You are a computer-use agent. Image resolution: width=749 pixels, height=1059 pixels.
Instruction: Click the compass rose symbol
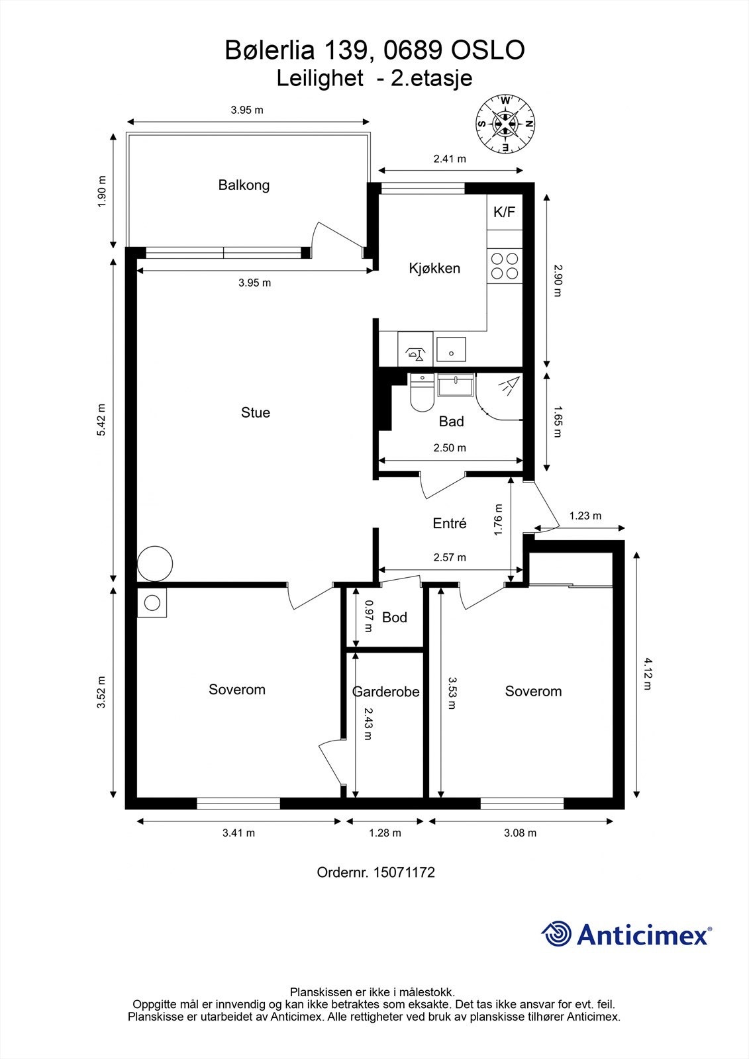pyautogui.click(x=505, y=125)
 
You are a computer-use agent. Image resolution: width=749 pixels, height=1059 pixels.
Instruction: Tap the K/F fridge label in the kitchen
pyautogui.click(x=504, y=212)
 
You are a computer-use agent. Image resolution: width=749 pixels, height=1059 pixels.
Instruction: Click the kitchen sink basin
pyautogui.click(x=451, y=349)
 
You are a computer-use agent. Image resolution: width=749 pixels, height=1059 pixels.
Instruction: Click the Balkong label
pyautogui.click(x=244, y=185)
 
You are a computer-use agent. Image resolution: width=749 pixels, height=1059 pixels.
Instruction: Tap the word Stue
pyautogui.click(x=256, y=412)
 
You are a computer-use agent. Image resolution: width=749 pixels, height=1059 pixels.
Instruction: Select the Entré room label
pyautogui.click(x=450, y=523)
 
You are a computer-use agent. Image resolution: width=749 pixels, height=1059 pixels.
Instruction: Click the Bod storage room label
pyautogui.click(x=395, y=617)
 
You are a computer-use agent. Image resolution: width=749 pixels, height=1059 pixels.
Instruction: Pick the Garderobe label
pyautogui.click(x=385, y=692)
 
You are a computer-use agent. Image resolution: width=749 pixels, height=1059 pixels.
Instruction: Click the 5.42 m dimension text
pyautogui.click(x=101, y=420)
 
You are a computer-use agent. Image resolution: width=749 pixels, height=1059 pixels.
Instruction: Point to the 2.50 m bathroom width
pyautogui.click(x=450, y=447)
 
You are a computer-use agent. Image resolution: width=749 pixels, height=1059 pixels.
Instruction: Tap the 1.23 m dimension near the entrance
pyautogui.click(x=585, y=516)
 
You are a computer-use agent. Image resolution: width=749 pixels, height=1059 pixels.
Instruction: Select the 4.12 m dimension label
pyautogui.click(x=647, y=674)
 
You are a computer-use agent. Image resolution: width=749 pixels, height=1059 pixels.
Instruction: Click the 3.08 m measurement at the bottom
pyautogui.click(x=520, y=833)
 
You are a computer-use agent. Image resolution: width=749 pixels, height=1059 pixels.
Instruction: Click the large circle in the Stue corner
pyautogui.click(x=155, y=563)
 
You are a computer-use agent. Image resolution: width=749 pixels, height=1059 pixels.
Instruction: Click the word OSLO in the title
pyautogui.click(x=488, y=50)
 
